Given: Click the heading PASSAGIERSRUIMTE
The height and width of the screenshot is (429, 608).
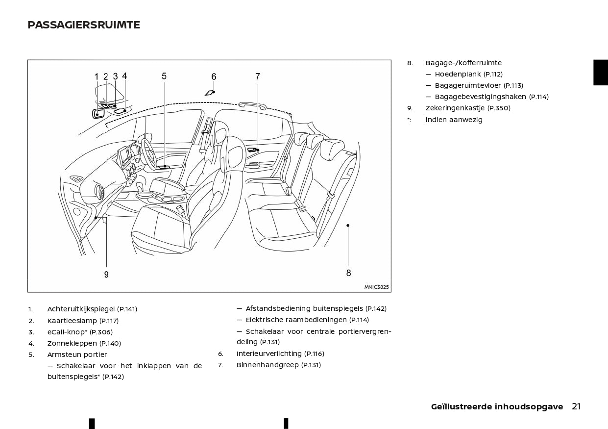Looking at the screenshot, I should coord(84,25).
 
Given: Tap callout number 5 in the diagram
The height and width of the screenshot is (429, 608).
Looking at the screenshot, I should coord(164,76).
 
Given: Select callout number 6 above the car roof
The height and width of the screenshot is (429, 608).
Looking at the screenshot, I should coord(214,77).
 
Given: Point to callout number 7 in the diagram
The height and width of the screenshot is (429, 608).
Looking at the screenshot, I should coord(258,76).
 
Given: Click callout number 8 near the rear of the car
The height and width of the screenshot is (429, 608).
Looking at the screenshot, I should coord(348,273).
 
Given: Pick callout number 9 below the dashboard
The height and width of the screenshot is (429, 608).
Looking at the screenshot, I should coord(106,275).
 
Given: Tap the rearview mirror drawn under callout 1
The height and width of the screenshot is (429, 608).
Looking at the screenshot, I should coord(98,114).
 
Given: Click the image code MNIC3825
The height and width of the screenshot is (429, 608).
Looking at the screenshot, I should coord(376,287).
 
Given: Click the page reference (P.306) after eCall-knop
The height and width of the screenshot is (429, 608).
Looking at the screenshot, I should coord(101,332).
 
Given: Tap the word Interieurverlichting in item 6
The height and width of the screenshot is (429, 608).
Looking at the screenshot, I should coord(269,353).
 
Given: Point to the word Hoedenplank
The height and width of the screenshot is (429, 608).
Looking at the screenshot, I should coord(458,75).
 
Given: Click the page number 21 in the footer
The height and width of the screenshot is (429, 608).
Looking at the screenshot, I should coord(576,406).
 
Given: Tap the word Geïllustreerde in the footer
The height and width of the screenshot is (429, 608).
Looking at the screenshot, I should coord(461,407).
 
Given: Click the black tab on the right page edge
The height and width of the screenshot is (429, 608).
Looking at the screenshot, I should coord(600,73).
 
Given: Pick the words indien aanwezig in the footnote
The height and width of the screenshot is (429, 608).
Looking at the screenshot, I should coord(454,120).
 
